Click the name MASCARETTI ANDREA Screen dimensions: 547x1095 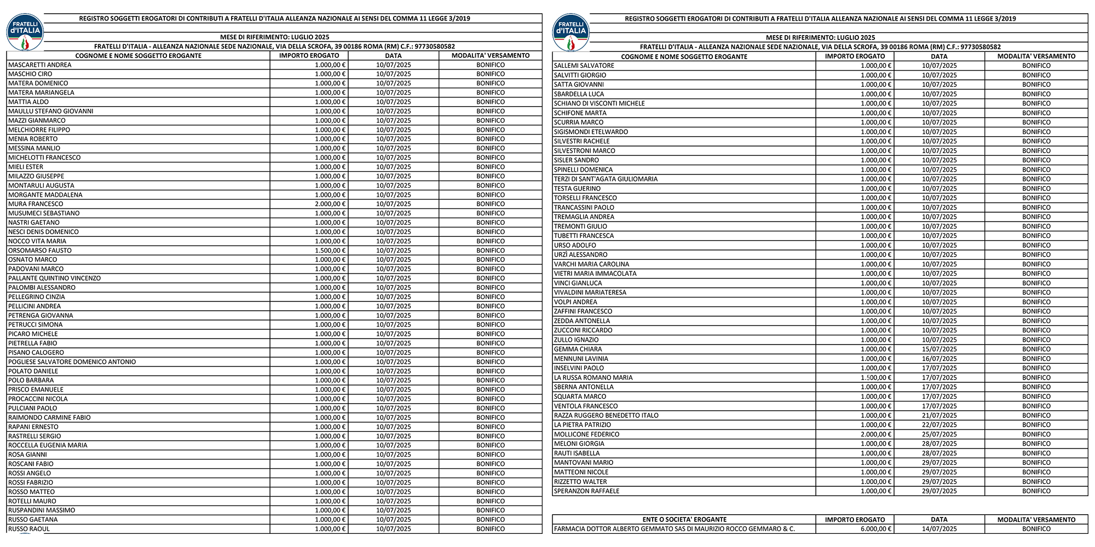[40, 65]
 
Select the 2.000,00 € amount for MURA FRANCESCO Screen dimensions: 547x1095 [330, 204]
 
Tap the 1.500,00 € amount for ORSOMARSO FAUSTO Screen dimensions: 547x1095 [330, 251]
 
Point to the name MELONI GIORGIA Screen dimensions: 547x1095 [579, 444]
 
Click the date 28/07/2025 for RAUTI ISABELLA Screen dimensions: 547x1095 [939, 453]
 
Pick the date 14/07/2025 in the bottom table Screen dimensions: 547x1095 [939, 529]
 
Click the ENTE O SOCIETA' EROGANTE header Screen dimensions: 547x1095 [684, 520]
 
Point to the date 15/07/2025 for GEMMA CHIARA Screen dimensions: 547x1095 [939, 349]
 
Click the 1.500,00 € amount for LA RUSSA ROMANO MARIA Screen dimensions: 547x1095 [876, 377]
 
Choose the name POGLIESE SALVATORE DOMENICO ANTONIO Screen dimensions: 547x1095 [72, 362]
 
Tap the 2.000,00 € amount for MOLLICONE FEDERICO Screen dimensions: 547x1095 [876, 434]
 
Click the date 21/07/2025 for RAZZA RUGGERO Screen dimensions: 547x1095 [939, 415]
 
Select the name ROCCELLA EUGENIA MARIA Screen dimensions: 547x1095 [48, 445]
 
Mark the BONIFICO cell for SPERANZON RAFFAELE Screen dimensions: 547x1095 [1036, 491]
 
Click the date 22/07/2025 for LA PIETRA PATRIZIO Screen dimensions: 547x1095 [939, 424]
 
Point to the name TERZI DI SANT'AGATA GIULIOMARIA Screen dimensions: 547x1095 [606, 179]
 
